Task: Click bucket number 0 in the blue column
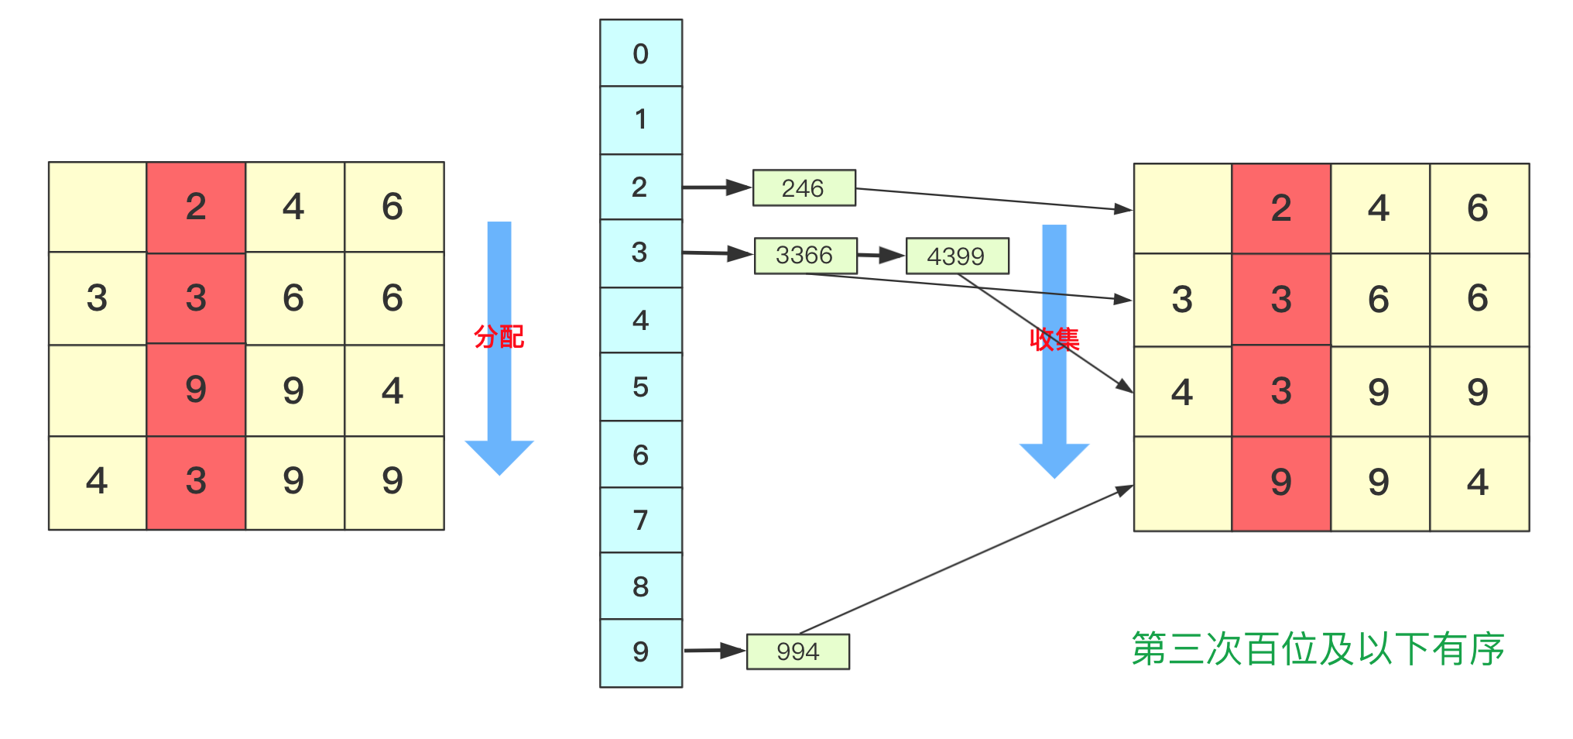tap(641, 53)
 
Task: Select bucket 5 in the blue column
tap(641, 387)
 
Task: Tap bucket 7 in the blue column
tap(641, 520)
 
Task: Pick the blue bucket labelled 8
tap(641, 586)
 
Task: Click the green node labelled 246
tap(804, 187)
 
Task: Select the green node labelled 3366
tap(805, 256)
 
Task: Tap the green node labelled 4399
tap(957, 256)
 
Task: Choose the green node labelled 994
tap(797, 651)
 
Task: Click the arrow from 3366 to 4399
tap(881, 255)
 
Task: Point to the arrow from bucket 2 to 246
tap(717, 187)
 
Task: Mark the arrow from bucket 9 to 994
tap(714, 651)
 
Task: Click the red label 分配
tap(499, 337)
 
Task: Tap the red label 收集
tap(1054, 339)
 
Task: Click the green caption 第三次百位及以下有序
tap(1318, 648)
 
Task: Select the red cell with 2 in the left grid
tap(196, 207)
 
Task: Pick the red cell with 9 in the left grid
tap(196, 390)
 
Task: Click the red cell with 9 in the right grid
tap(1281, 483)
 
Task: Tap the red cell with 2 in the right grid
tap(1281, 208)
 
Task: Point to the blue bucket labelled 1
tap(641, 119)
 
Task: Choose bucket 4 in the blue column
tap(641, 320)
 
